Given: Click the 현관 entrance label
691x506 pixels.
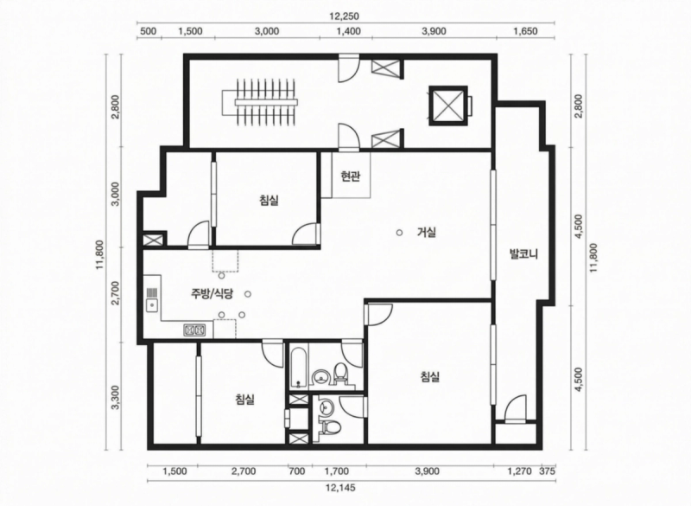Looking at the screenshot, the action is tap(351, 176).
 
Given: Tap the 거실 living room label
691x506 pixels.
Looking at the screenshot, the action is tap(427, 232).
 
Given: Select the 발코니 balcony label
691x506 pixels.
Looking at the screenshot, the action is tap(523, 253).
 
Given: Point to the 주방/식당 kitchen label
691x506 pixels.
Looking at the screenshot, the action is tap(211, 294).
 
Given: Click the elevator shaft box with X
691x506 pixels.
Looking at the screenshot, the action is tap(447, 106).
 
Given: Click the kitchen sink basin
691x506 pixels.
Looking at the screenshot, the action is tap(152, 304).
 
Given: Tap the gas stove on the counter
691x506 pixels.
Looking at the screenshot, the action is tap(194, 330).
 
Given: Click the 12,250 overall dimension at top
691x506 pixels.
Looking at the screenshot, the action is tap(344, 16).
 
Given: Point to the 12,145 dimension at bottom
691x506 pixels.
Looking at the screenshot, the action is tap(340, 488).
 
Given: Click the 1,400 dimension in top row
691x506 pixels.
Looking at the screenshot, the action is tap(348, 31).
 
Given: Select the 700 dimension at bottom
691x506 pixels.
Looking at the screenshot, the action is tap(296, 471).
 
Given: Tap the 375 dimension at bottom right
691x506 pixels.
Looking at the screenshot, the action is tap(548, 471).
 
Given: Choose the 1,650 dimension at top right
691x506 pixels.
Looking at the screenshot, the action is tap(525, 31).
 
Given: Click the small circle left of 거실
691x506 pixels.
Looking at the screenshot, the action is tap(399, 233).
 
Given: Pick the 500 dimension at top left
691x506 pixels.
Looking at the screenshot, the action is tap(148, 31).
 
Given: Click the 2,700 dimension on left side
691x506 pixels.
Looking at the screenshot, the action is tap(116, 293).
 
